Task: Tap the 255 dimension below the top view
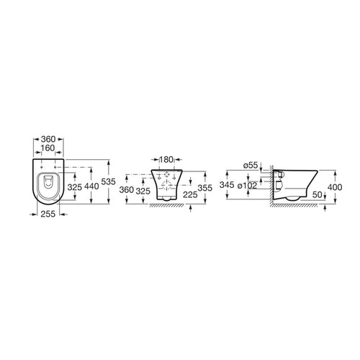pos(49,215)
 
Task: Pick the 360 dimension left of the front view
pos(127,190)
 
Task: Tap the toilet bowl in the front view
pos(166,184)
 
